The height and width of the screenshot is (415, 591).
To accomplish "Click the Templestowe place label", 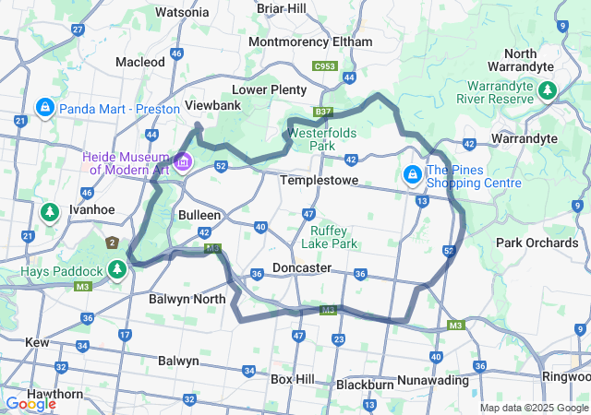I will tap(319, 181).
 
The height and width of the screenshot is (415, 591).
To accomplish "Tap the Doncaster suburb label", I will tap(302, 267).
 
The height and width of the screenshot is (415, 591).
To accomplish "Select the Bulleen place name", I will tap(199, 214).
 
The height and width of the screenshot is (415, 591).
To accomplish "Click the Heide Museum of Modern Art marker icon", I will tap(183, 163).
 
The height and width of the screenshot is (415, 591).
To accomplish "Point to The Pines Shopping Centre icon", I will tap(411, 173).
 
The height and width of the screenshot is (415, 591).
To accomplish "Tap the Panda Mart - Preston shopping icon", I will tap(43, 108).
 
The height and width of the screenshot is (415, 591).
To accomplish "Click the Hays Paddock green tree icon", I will tap(116, 269).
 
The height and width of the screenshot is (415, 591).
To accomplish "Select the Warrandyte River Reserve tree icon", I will tap(548, 90).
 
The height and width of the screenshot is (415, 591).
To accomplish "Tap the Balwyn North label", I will tap(187, 299).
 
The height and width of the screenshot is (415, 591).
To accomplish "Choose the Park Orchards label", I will tap(537, 243).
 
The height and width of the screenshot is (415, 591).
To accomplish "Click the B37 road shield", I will tap(322, 113).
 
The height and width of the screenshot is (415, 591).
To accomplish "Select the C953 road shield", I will tap(324, 66).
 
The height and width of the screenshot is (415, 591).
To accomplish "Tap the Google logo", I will tap(30, 403).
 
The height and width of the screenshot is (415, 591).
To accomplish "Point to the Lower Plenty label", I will tap(269, 89).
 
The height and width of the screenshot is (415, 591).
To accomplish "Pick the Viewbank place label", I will tap(213, 105).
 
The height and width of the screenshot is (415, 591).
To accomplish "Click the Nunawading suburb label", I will tap(433, 380).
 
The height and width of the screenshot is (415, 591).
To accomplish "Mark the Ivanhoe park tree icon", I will tap(49, 214).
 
